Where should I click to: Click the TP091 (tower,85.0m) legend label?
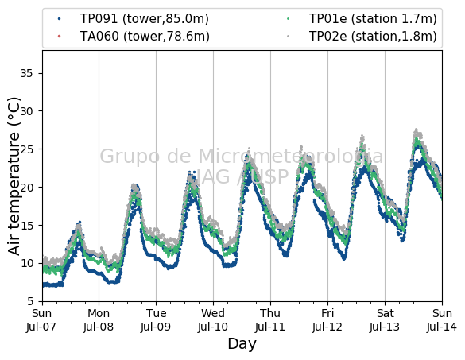145,19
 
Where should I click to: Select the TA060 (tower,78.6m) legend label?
145,37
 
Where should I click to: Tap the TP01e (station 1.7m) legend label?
373,19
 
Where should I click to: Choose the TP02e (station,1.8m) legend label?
373,37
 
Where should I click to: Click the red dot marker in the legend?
60,37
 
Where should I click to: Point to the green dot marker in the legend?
289,19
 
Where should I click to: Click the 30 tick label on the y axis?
26,111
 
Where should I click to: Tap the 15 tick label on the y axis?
26,226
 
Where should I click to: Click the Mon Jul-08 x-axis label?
99,320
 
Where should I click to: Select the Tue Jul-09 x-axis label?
156,320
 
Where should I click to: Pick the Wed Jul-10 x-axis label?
213,320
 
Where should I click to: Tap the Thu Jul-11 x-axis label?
270,320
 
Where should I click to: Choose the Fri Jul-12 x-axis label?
327,320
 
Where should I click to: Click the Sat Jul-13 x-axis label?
385,320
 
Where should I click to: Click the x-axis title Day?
242,344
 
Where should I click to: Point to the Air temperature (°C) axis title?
14,176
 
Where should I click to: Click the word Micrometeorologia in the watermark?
291,157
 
